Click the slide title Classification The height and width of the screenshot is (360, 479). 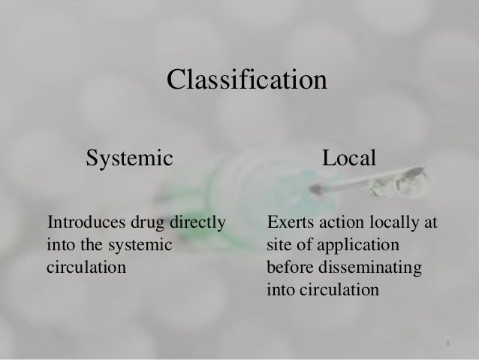pos(246,79)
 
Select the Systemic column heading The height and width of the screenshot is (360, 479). pos(130,159)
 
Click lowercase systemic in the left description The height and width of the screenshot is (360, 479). pos(134,245)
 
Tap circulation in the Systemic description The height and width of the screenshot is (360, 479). pos(82,266)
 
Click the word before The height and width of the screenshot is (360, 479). pos(288,266)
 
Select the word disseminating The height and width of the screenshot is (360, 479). pos(377,266)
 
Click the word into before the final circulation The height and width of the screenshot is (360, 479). pos(279,287)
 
